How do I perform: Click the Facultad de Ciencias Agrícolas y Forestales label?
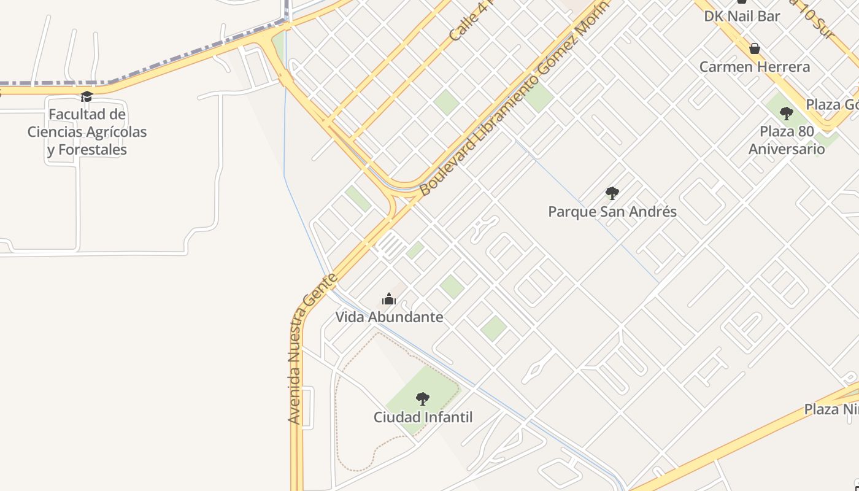(87, 131)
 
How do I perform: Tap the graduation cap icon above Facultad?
(87, 97)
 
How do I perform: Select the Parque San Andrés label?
(612, 212)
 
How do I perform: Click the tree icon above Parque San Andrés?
(612, 193)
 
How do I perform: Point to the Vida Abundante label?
(389, 317)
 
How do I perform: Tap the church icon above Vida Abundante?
(389, 300)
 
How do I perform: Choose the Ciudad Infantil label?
(423, 417)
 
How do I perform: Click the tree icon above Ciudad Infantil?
(423, 399)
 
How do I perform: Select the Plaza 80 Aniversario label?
(787, 140)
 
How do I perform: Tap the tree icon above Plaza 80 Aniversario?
(786, 114)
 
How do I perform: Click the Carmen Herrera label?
(755, 67)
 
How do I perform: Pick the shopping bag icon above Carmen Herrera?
(755, 48)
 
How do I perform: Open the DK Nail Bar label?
(742, 16)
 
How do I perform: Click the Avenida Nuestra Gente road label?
(312, 349)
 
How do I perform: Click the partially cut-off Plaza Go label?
(831, 104)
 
